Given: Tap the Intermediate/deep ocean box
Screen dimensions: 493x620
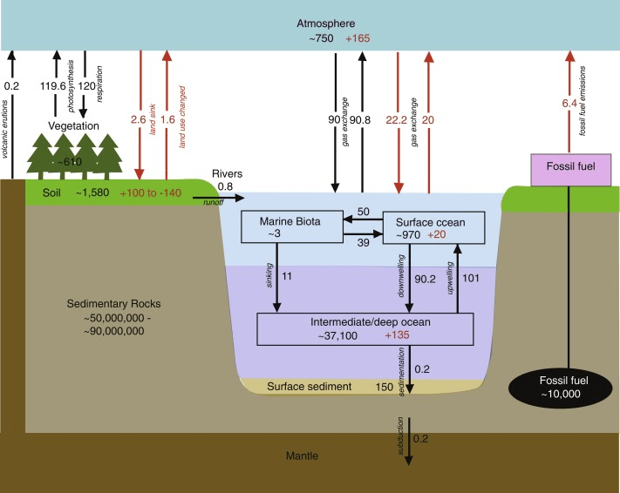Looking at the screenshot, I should (365, 328).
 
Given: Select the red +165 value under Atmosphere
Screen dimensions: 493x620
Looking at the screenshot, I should (360, 40).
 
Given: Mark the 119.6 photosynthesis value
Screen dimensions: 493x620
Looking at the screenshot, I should (54, 85).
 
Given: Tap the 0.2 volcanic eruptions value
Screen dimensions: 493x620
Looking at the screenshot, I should (11, 85).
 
